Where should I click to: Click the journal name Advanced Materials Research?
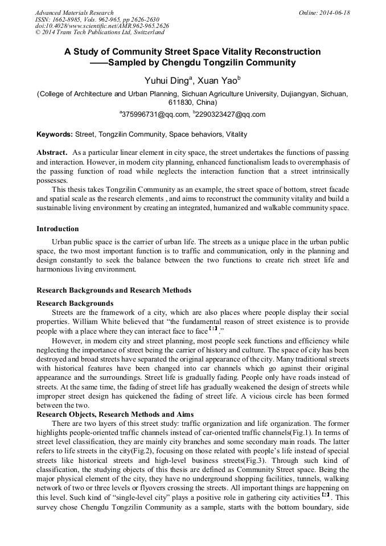tap(74, 13)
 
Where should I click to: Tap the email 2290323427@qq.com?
tap(230, 114)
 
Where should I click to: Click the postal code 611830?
tap(179, 102)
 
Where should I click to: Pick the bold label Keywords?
tap(55, 134)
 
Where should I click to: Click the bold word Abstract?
tap(52, 153)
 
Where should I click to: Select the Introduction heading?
tap(58, 229)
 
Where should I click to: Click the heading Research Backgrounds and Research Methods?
tap(114, 290)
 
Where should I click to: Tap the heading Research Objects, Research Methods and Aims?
tap(115, 414)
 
